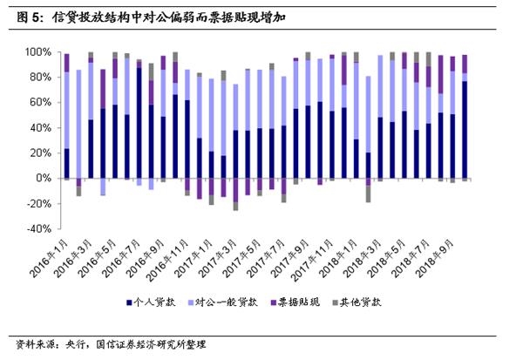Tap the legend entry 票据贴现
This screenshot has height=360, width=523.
[311, 302]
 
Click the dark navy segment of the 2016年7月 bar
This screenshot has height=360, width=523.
[139, 123]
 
